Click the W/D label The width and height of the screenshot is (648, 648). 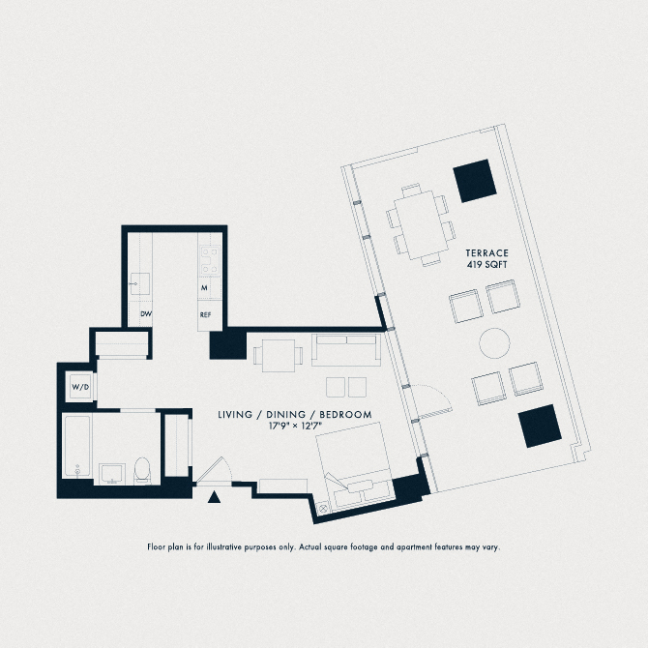point(80,387)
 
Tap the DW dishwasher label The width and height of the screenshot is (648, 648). point(146,314)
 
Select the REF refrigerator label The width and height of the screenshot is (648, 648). point(205,315)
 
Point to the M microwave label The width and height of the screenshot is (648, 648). point(204,287)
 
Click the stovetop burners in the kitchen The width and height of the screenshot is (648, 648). point(210,260)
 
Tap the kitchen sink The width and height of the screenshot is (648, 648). point(139,283)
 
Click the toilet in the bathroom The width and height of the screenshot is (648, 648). point(142,470)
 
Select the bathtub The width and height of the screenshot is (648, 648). point(76,447)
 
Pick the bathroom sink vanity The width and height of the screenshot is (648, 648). point(112,474)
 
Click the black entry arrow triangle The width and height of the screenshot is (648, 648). point(214,497)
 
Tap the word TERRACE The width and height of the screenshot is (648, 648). point(486,253)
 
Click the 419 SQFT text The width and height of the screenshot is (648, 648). point(486,264)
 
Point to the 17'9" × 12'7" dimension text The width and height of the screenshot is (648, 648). point(295,426)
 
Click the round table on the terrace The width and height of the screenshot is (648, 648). point(494,343)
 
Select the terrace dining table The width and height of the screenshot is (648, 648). point(421,224)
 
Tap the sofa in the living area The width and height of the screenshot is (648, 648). point(346,349)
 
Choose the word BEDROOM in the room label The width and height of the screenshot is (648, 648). point(345,415)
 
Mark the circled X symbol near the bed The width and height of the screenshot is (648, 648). point(323,508)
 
